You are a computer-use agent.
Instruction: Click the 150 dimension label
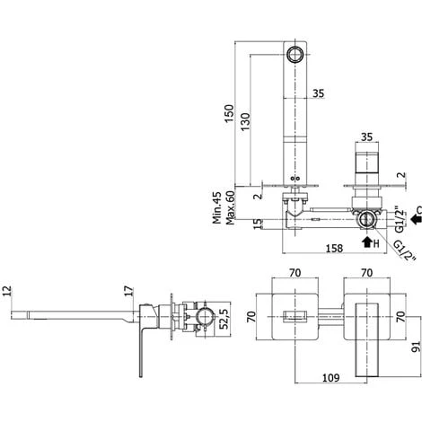pyautogui.click(x=230, y=113)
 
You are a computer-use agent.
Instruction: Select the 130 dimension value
pyautogui.click(x=245, y=121)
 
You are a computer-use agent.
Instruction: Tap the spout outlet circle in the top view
pyautogui.click(x=295, y=55)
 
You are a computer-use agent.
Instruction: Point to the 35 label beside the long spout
pyautogui.click(x=319, y=93)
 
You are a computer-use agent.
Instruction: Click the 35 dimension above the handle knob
pyautogui.click(x=366, y=136)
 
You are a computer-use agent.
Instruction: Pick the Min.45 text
pyautogui.click(x=217, y=207)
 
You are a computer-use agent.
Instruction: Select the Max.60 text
pyautogui.click(x=230, y=207)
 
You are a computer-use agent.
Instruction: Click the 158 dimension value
pyautogui.click(x=334, y=248)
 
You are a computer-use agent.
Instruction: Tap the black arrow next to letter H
pyautogui.click(x=366, y=242)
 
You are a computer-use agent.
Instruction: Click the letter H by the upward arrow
pyautogui.click(x=376, y=243)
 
